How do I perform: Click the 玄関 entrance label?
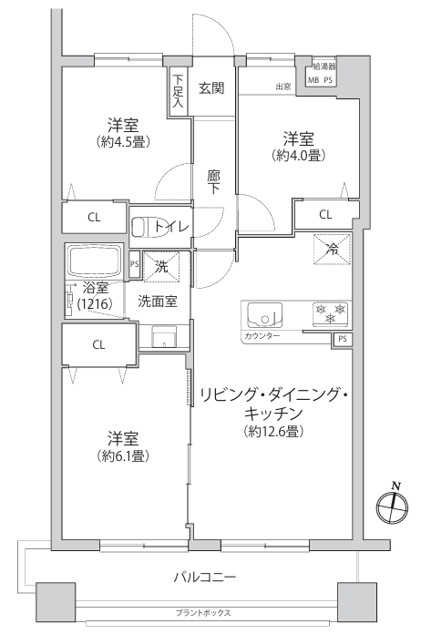211,87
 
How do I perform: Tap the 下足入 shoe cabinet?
178,92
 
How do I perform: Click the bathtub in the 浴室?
96,261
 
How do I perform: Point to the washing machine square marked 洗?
161,266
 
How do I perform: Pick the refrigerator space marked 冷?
332,250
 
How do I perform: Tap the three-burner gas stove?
331,313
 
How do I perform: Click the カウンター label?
262,335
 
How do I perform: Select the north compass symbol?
392,506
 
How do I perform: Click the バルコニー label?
205,577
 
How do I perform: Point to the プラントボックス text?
203,612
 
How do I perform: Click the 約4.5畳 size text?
123,142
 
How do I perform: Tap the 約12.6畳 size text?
273,432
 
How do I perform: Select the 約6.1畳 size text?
123,456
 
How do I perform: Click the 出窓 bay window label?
283,87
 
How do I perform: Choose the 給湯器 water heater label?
324,66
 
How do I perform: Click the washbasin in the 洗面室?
164,336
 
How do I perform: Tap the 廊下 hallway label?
213,182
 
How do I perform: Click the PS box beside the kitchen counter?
343,339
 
